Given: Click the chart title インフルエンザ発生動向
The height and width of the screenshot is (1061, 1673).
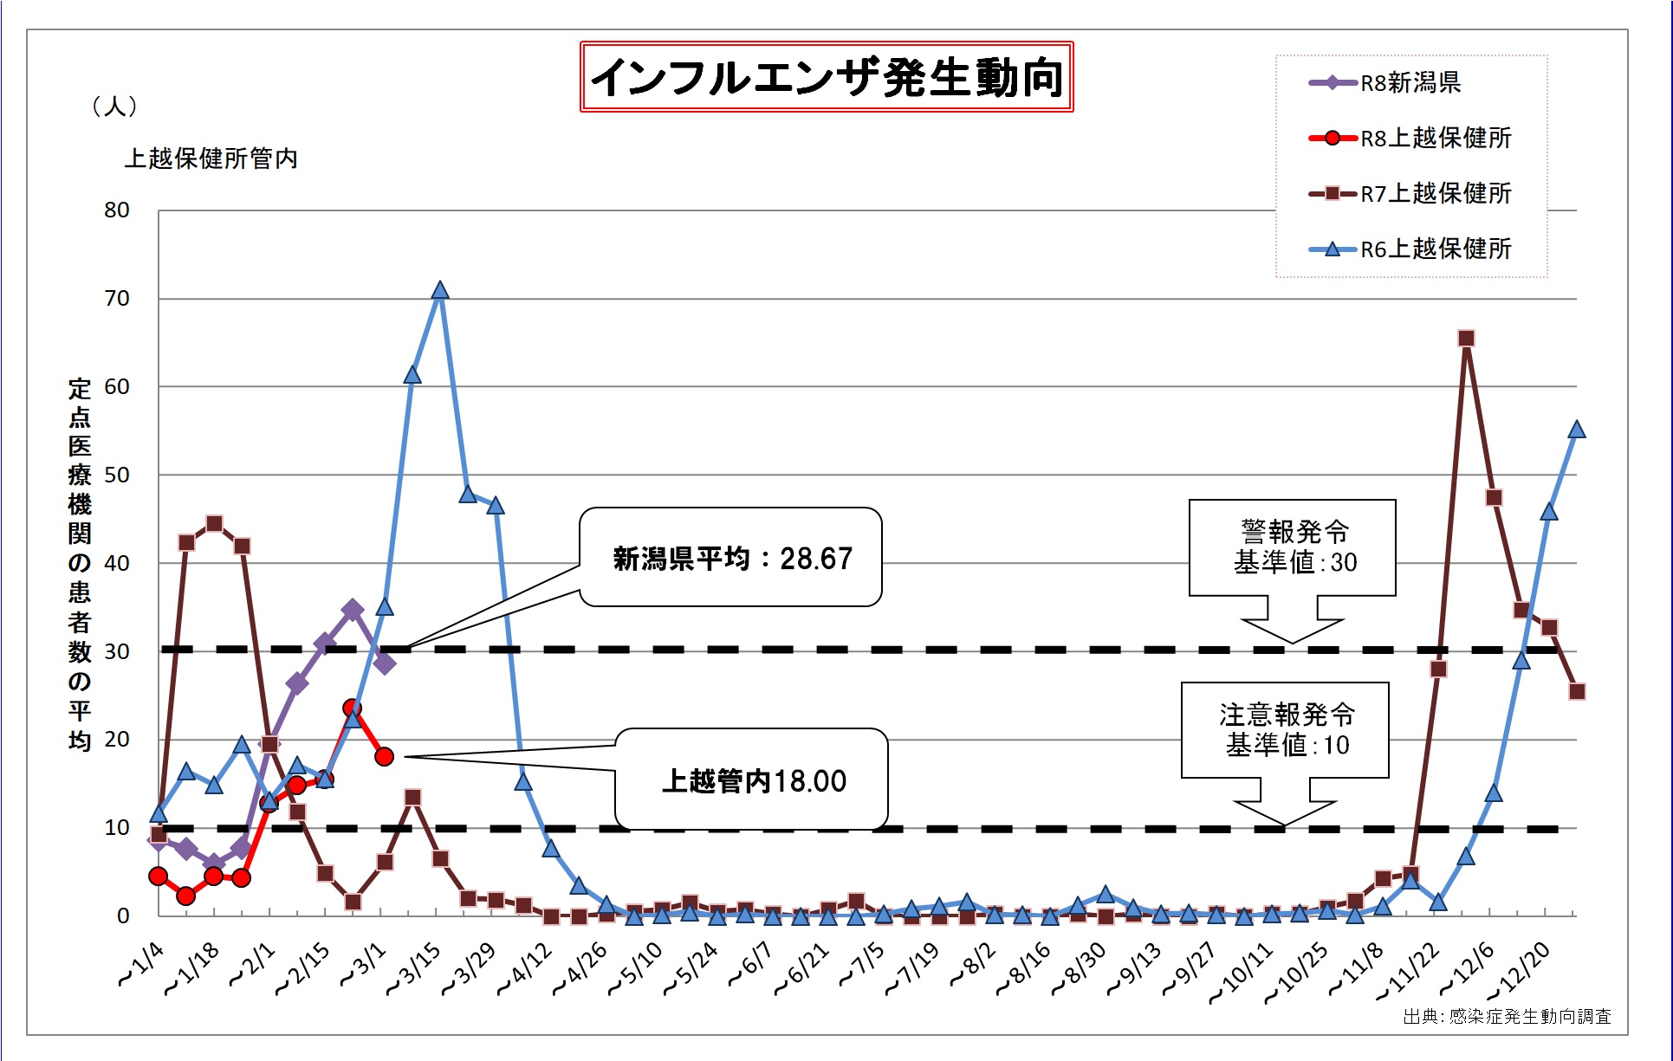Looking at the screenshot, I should [x=827, y=77].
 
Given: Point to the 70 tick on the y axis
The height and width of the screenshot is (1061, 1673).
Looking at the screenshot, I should [x=117, y=299].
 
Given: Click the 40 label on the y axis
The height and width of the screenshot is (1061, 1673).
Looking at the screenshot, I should [x=117, y=563].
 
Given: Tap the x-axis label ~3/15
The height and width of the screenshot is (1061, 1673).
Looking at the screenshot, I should [x=415, y=967].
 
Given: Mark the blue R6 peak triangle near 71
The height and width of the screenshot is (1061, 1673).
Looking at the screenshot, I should [x=440, y=290].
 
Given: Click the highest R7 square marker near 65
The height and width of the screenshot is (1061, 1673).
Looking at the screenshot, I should [x=1466, y=339].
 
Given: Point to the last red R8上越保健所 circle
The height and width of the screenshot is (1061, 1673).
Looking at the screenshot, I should [x=385, y=757].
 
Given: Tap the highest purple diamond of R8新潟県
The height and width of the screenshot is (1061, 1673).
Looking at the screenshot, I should [x=352, y=611].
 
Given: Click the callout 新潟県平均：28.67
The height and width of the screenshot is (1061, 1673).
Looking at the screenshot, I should [x=732, y=559].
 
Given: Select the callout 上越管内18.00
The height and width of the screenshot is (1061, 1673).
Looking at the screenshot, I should [x=753, y=780].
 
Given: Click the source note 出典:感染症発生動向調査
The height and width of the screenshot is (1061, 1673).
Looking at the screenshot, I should [x=1507, y=1016].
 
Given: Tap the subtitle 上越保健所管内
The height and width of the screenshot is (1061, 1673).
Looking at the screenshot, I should [x=211, y=159].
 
